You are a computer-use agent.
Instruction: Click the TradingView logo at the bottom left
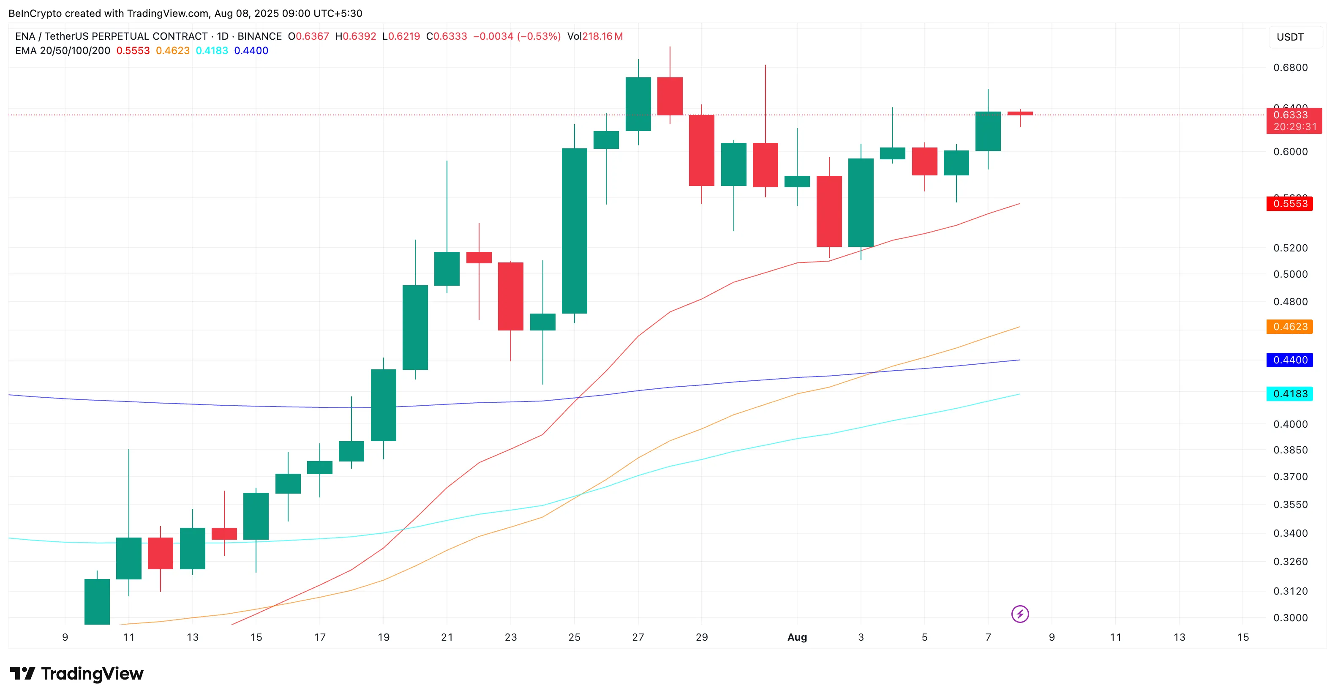(x=77, y=673)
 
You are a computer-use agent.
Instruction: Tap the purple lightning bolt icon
(x=1020, y=614)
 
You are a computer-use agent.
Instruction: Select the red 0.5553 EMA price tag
(x=1289, y=204)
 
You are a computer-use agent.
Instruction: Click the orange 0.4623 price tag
(x=1289, y=327)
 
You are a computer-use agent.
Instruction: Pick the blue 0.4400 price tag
(x=1289, y=360)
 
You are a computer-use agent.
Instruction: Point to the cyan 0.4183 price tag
(x=1289, y=393)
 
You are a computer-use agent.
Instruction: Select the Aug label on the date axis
(x=797, y=637)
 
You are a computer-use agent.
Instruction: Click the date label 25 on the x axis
(x=574, y=637)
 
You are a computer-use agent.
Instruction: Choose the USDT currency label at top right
(x=1290, y=37)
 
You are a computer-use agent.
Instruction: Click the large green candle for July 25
(x=574, y=231)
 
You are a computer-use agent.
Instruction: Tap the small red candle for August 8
(x=1020, y=113)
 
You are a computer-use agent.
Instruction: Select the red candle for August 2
(x=829, y=211)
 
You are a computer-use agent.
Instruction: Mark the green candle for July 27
(x=638, y=104)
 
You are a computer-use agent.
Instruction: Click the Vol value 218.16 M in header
(x=602, y=36)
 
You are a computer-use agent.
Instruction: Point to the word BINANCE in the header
(x=259, y=36)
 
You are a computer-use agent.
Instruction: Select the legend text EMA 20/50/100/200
(x=63, y=51)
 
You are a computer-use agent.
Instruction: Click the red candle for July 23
(x=510, y=296)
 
